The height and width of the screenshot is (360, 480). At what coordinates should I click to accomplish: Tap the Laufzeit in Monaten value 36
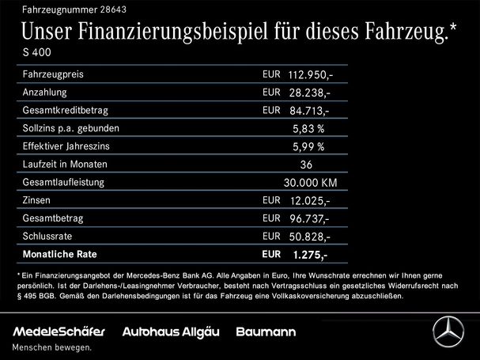point(308,165)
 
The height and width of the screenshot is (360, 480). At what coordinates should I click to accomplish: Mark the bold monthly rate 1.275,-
point(310,254)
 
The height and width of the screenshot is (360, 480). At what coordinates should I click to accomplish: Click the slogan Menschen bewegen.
point(51,347)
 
